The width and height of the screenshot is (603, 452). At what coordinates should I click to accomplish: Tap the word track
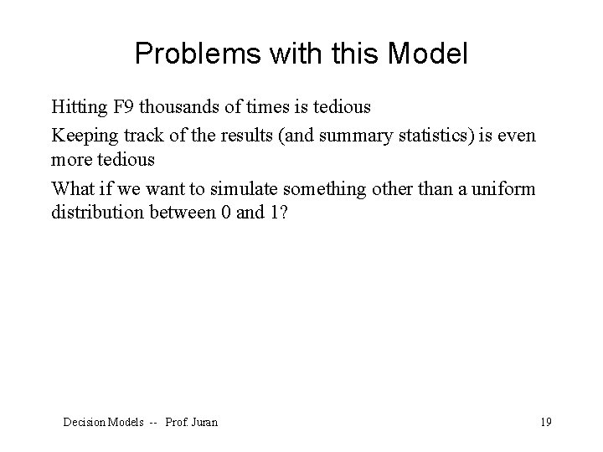tap(131, 134)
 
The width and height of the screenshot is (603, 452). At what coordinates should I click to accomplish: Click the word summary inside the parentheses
tap(335, 134)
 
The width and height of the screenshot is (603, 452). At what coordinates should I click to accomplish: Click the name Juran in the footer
tap(204, 423)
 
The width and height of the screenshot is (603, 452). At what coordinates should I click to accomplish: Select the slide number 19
tap(545, 423)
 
